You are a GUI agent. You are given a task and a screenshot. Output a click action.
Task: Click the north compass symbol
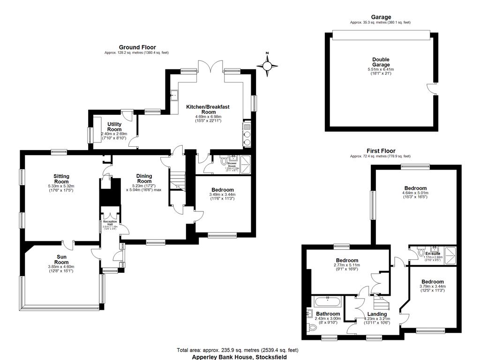click(267, 66)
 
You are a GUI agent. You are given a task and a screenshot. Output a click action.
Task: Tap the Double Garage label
click(381, 62)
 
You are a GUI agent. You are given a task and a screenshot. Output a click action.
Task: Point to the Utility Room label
click(114, 127)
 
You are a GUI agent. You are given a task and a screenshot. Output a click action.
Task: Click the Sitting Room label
click(61, 179)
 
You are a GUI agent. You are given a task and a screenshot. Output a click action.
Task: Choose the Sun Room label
click(61, 260)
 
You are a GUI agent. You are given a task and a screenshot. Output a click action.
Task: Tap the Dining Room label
click(144, 179)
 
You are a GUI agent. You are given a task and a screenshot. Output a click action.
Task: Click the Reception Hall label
click(110, 223)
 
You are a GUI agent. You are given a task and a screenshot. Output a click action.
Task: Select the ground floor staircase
click(178, 180)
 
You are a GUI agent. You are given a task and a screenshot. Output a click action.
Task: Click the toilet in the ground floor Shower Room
click(223, 162)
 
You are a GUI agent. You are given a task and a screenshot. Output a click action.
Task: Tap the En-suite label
click(432, 254)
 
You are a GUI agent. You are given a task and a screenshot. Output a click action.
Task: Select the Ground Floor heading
click(137, 47)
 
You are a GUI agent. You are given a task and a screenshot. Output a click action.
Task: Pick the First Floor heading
click(381, 151)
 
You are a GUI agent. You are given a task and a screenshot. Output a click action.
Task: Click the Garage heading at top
click(381, 17)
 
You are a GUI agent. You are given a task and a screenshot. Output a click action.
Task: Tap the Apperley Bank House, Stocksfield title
click(239, 357)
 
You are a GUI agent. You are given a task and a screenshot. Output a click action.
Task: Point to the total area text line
click(237, 350)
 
